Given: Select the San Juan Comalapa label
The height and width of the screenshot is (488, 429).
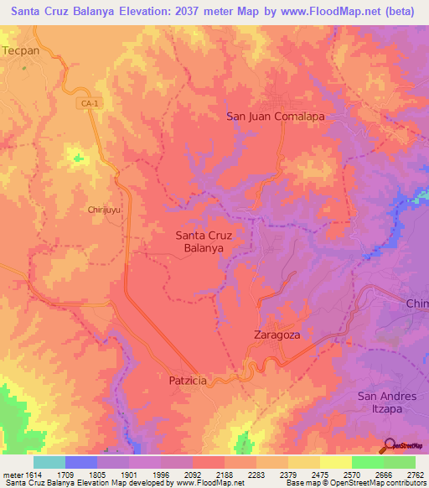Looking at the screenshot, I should click(275, 117).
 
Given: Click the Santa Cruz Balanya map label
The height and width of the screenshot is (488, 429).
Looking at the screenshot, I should click(204, 241).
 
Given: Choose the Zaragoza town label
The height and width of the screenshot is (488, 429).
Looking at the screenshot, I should click(277, 334).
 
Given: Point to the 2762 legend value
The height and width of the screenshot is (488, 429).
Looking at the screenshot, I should click(416, 475).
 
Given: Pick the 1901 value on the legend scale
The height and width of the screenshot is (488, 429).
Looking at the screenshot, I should click(128, 475).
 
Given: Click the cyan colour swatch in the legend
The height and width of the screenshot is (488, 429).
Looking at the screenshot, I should click(49, 462).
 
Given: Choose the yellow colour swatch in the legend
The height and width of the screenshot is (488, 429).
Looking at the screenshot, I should click(335, 462).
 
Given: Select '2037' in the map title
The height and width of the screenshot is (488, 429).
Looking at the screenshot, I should click(198, 12).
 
